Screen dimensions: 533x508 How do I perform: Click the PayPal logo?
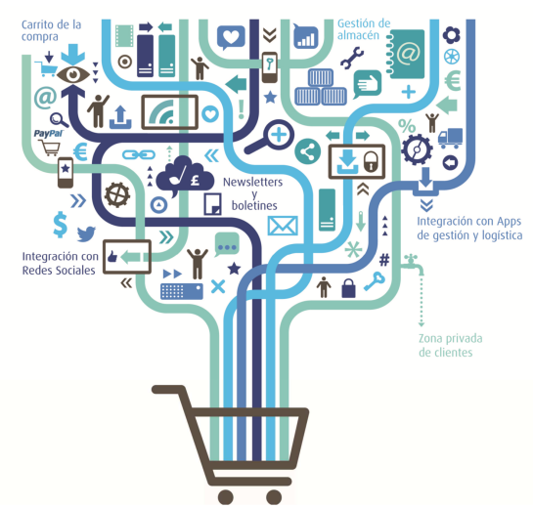[48, 133]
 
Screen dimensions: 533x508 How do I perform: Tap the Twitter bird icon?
[86, 233]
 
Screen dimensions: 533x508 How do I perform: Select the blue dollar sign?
[61, 224]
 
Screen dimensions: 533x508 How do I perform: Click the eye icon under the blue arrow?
[73, 74]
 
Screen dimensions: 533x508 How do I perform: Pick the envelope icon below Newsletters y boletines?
[283, 226]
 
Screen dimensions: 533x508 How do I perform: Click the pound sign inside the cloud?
[195, 180]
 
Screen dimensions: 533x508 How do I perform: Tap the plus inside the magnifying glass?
[279, 135]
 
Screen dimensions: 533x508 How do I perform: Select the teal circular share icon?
[308, 151]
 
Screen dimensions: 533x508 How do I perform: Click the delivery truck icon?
[450, 138]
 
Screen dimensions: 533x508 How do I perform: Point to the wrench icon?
[352, 58]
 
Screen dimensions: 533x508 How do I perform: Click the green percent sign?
[407, 126]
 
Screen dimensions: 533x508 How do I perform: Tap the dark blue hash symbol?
[384, 260]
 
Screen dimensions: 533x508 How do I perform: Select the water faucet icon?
[414, 264]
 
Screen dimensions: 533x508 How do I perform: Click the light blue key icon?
[375, 281]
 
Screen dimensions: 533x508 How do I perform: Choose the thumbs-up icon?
[112, 256]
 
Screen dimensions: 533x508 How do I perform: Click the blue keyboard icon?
[182, 291]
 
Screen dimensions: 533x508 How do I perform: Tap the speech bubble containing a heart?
[231, 37]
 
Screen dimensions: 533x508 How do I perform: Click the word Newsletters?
[252, 182]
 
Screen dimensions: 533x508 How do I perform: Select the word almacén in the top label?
[358, 35]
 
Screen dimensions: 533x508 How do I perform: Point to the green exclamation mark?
[242, 109]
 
